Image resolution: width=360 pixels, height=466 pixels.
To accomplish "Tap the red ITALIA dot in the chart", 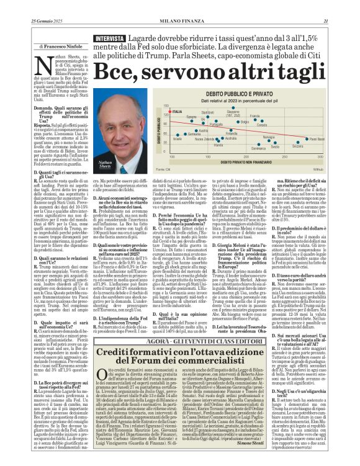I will [153, 114].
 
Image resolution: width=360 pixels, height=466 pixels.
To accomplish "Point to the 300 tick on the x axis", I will [309, 156].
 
